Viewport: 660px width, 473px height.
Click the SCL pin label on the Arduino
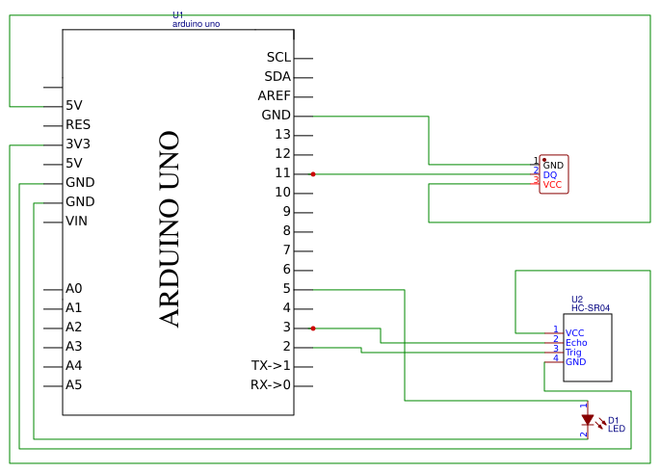tap(278, 58)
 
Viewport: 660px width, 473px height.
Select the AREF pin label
tap(274, 96)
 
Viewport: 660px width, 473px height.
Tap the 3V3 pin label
tap(78, 144)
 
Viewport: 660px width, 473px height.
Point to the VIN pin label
tap(76, 221)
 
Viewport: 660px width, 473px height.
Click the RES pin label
tap(78, 124)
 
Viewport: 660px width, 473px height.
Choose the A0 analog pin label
tap(73, 288)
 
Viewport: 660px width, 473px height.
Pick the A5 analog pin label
tap(73, 384)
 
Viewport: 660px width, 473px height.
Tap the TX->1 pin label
tap(271, 365)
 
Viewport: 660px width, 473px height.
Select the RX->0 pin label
tap(270, 384)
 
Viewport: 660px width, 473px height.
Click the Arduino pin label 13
tap(282, 134)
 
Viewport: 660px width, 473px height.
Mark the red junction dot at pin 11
tap(313, 174)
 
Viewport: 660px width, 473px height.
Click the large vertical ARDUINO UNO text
tap(170, 229)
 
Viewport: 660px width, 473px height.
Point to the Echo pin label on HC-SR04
tap(576, 343)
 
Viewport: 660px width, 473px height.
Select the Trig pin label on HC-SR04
tap(573, 353)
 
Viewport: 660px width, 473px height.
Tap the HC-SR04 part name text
tap(590, 308)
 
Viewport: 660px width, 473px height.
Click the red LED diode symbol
tap(588, 420)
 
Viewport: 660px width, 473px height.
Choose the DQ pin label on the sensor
tap(549, 174)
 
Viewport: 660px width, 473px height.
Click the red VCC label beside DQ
tap(552, 184)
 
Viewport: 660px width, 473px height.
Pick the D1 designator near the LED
tap(613, 420)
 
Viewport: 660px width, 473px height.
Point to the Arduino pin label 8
tap(286, 230)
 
